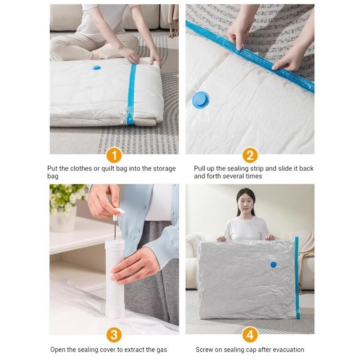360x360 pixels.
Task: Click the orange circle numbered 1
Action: tap(114, 155)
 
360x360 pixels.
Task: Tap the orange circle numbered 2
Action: tap(250, 155)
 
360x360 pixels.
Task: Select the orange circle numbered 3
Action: tap(114, 335)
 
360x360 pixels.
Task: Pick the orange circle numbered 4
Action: tap(250, 335)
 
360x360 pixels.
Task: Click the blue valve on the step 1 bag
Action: tap(96, 68)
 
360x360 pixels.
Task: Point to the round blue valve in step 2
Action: tap(201, 99)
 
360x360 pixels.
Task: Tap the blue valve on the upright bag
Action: tap(273, 265)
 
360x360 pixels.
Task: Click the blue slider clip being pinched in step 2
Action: tap(238, 50)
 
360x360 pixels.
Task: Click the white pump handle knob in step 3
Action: tap(119, 211)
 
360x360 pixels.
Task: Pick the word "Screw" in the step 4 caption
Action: tap(205, 350)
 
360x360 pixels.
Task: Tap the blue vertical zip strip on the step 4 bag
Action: tap(297, 277)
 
